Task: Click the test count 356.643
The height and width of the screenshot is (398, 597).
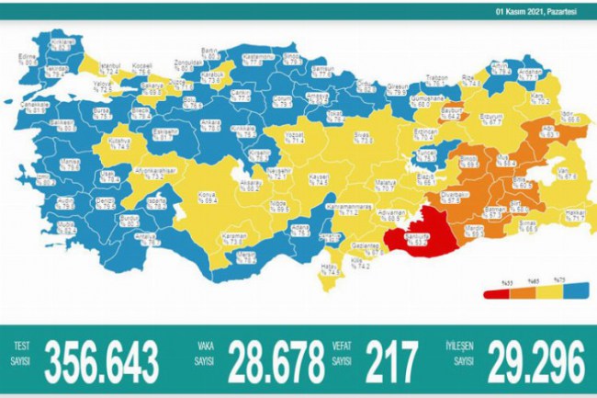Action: point(106,355)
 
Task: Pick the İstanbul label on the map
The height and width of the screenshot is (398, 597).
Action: point(111,68)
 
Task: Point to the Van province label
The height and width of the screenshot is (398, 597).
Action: point(567,174)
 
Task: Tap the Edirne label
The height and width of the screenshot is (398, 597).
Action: point(36,58)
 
